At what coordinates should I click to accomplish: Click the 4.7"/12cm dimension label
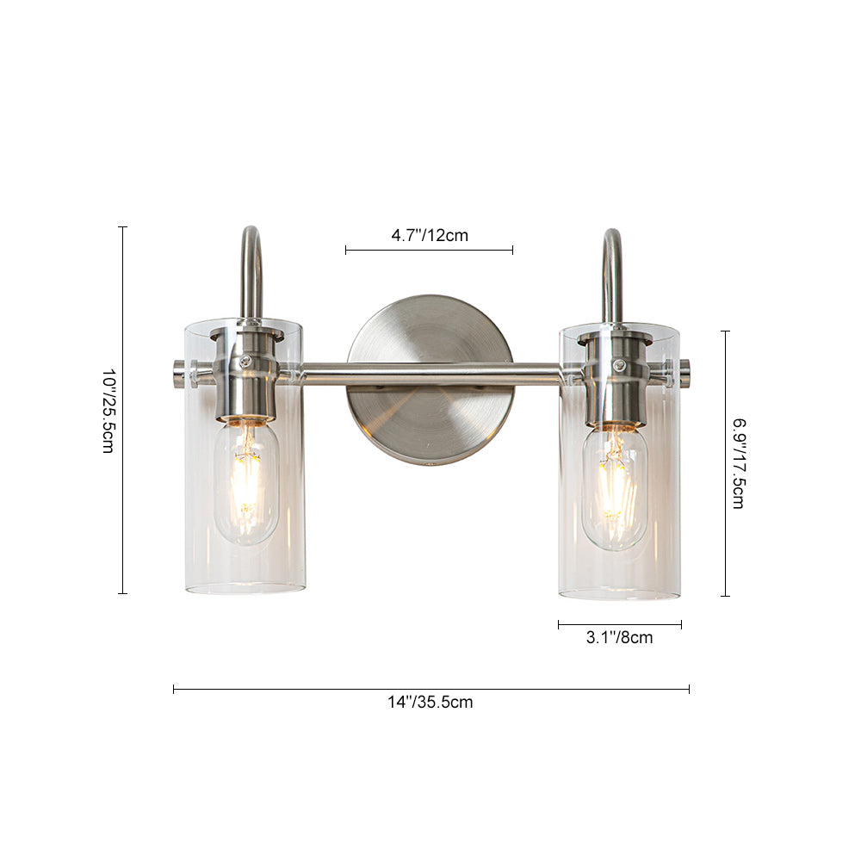[x=430, y=236]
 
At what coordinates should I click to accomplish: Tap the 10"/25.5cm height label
[x=108, y=410]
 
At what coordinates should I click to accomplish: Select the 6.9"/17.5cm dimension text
[x=739, y=464]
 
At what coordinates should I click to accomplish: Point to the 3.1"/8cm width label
[x=619, y=637]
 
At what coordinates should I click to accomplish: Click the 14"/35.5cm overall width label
[x=430, y=703]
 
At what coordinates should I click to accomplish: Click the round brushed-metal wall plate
[x=431, y=380]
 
